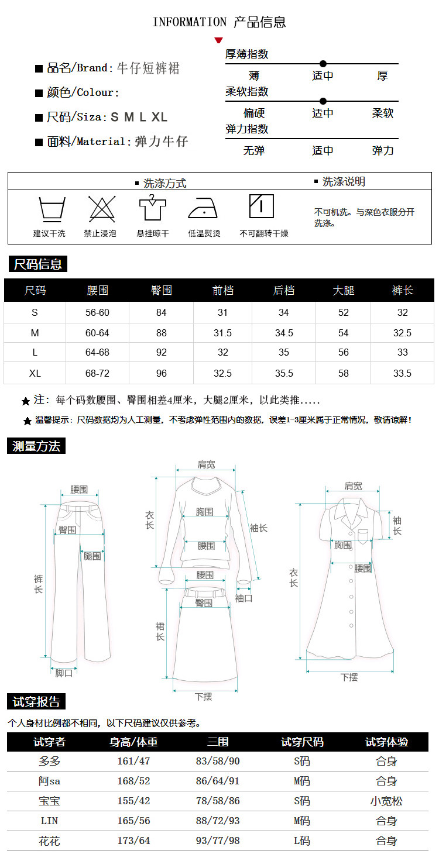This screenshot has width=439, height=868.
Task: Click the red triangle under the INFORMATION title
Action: pos(219,40)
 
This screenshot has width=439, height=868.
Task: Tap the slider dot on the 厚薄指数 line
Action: pos(323,64)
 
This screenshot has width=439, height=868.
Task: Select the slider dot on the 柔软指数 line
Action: pos(323,101)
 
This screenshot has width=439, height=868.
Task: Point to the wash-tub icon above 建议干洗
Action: pos(52,209)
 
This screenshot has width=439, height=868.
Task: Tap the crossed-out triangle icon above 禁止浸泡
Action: pos(102,209)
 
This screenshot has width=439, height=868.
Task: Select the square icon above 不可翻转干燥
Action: pos(262,206)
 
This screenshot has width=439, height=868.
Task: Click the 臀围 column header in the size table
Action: pos(162,290)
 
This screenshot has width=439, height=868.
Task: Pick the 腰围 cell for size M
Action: pos(97,333)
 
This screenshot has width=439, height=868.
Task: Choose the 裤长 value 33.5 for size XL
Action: pos(402,373)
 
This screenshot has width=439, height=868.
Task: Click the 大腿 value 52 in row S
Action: pos(343,312)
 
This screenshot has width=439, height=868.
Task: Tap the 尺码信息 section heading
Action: pos(37,264)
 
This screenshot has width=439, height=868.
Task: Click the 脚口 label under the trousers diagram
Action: pos(64,673)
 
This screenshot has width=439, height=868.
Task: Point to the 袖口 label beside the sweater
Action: pos(243,598)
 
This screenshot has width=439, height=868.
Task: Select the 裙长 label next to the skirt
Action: pos(160,632)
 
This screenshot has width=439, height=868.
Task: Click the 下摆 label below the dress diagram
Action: pos(349,677)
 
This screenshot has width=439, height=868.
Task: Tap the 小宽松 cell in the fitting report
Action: pos(386,801)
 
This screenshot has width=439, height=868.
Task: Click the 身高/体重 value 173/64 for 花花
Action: pos(133,841)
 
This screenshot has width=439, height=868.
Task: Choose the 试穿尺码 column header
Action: pos(302,742)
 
